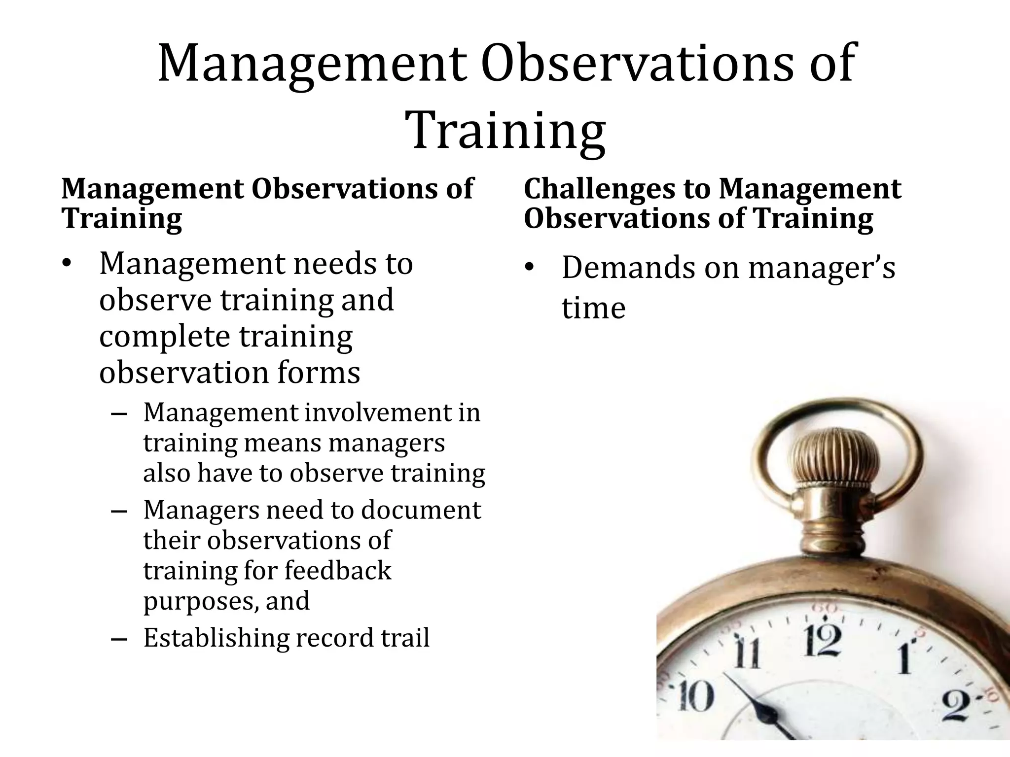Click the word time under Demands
pyautogui.click(x=593, y=309)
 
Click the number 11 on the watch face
pyautogui.click(x=747, y=652)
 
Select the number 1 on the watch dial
pyautogui.click(x=904, y=658)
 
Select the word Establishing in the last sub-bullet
pyautogui.click(x=216, y=638)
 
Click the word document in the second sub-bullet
pyautogui.click(x=421, y=510)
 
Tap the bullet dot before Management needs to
pyautogui.click(x=67, y=265)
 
